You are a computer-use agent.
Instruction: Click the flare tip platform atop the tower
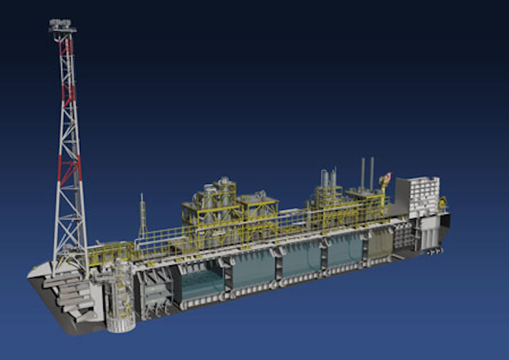click(62, 26)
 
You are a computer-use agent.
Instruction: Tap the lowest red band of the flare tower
click(69, 170)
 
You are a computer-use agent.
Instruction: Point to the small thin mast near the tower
click(142, 216)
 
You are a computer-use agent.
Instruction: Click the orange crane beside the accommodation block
click(385, 183)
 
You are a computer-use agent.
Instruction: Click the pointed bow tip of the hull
click(32, 272)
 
